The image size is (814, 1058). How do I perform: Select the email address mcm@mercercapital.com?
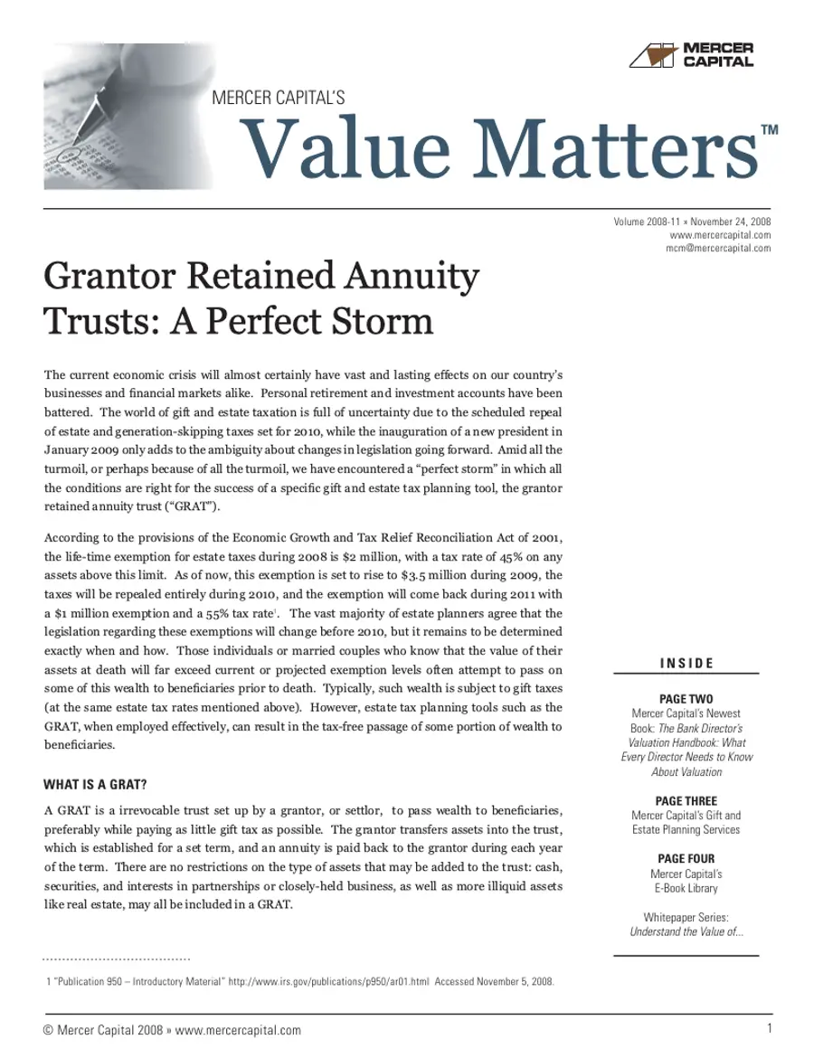click(717, 249)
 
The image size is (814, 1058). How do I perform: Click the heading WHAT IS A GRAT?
click(96, 783)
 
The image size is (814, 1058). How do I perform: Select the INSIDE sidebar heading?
click(686, 664)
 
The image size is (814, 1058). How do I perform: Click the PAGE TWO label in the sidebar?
click(686, 699)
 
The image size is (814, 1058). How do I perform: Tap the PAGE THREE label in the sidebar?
click(686, 800)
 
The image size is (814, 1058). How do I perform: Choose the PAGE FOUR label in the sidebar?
click(686, 858)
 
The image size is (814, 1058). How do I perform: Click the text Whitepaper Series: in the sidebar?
click(686, 917)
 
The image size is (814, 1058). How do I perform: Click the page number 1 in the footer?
click(767, 1028)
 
